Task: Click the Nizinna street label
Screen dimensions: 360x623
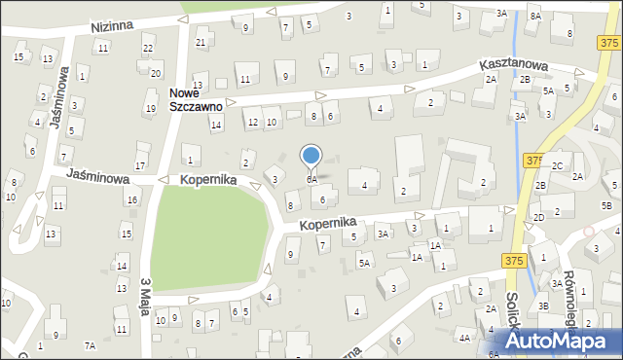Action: click(111, 26)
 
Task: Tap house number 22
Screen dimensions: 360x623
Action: click(148, 48)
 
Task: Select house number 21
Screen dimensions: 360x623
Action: click(201, 42)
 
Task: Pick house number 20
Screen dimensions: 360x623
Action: click(156, 73)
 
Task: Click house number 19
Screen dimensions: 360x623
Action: click(149, 108)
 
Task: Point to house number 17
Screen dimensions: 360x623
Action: click(140, 167)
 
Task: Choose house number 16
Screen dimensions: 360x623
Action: click(131, 199)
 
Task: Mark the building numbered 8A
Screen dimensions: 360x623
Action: click(535, 16)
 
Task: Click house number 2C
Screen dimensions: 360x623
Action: click(557, 165)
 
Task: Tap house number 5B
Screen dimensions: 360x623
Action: click(605, 205)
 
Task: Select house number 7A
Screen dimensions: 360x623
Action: click(90, 345)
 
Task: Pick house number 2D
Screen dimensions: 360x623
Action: click(538, 217)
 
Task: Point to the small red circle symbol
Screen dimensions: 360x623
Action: click(588, 232)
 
